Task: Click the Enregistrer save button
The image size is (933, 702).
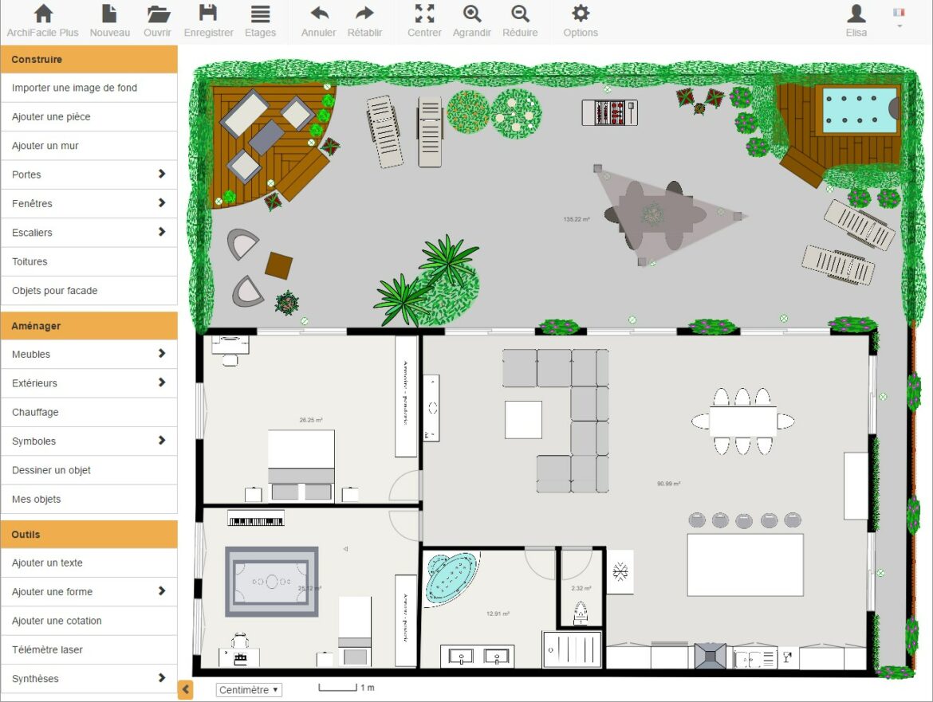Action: (x=208, y=21)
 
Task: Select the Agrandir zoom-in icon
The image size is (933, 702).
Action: (x=472, y=21)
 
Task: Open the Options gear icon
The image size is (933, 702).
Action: (x=581, y=21)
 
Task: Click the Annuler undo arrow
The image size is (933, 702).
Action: (x=319, y=21)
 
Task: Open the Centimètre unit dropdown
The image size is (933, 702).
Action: (x=249, y=690)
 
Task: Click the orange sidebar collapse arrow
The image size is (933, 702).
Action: (x=185, y=690)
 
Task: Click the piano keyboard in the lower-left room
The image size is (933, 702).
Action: (x=256, y=519)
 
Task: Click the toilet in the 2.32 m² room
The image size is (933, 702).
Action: (x=581, y=613)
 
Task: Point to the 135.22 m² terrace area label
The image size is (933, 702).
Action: (x=576, y=218)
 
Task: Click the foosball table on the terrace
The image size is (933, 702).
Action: (x=609, y=112)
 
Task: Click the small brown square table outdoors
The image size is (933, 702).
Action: (x=279, y=265)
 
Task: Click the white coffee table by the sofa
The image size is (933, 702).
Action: (x=523, y=419)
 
